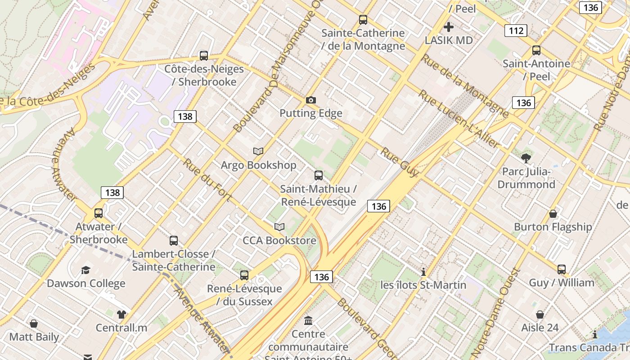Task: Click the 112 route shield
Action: coord(516,31)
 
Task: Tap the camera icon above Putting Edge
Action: coord(311,100)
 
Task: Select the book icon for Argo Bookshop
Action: coord(258,152)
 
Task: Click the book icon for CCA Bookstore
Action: coord(279,227)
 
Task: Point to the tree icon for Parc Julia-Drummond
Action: coord(526,158)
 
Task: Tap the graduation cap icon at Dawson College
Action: coord(85,270)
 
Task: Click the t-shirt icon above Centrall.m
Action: coord(121,314)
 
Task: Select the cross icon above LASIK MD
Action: coord(449,27)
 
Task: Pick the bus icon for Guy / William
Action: coord(562,269)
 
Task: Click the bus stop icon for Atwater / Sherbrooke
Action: coord(99,213)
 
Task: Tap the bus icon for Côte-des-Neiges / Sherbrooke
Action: coord(204,56)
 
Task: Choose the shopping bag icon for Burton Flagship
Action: coord(553,213)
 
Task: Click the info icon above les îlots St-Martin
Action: coord(423,272)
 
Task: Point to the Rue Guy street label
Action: coord(400,162)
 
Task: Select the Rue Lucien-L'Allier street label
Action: coord(459,119)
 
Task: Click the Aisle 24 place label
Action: coord(540,328)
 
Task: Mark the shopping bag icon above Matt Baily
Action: coord(34,324)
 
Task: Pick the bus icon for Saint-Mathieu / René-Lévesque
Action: coord(319,175)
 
